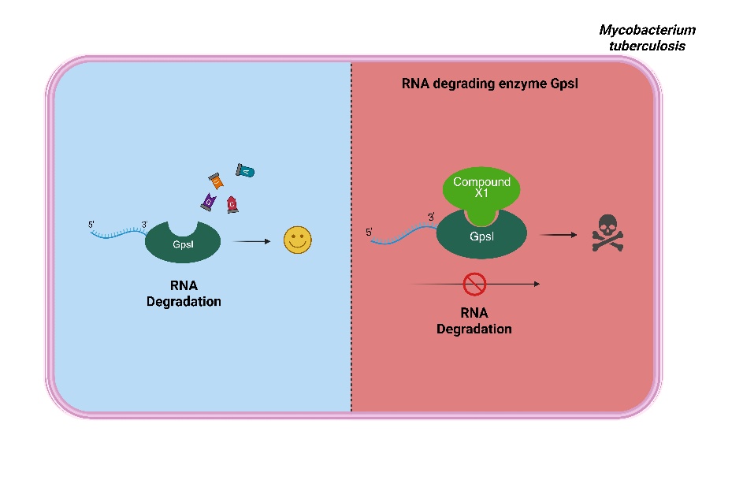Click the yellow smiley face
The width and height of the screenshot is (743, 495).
click(x=298, y=240)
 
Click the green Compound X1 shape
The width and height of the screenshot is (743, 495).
click(x=481, y=190)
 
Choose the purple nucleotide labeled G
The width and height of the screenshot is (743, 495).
click(x=209, y=203)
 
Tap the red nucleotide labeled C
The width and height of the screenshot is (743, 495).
click(x=232, y=205)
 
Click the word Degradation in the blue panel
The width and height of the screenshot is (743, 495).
click(x=184, y=301)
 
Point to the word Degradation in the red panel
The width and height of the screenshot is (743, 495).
click(x=474, y=328)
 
